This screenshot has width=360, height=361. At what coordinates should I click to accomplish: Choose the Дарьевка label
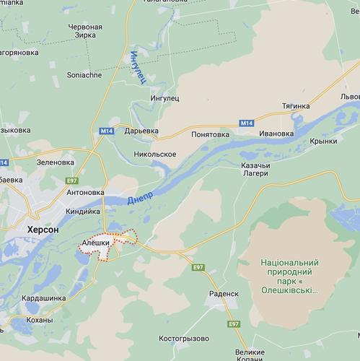(x=141, y=131)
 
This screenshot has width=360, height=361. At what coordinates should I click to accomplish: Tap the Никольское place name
(x=155, y=154)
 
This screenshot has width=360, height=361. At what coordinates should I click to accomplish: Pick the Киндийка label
(x=83, y=211)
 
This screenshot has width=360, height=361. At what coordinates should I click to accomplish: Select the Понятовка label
(x=210, y=134)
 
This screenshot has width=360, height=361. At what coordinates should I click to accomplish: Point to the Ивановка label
(x=277, y=134)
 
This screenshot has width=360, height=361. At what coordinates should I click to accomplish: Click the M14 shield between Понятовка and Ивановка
(x=247, y=123)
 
